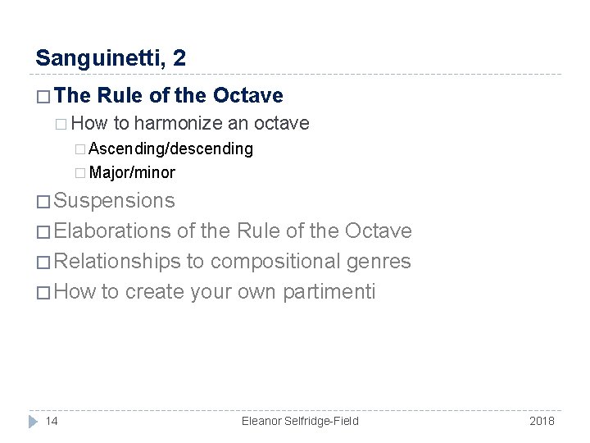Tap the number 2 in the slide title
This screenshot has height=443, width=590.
pos(179,58)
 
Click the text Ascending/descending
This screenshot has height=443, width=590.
pos(170,149)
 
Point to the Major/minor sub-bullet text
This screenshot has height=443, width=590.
pos(131,172)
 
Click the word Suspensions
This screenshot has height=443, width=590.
pos(114,201)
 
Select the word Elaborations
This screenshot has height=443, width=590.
pos(112,231)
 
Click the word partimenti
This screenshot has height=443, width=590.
pos(329,292)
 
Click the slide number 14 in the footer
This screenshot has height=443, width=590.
pos(52,421)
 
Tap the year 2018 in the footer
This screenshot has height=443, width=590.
pos(542,421)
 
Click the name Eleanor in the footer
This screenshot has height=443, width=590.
pos(264,421)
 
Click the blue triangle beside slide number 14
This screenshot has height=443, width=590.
pos(34,421)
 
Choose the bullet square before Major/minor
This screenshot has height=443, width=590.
pos(79,173)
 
